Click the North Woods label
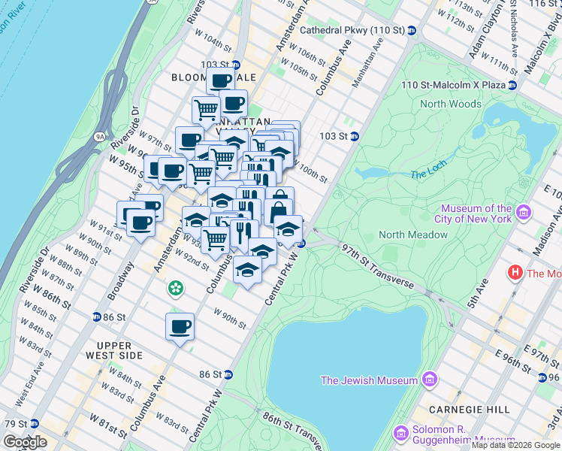tap(451, 104)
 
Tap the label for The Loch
tap(428, 174)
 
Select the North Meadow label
tap(413, 235)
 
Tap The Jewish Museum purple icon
tap(429, 380)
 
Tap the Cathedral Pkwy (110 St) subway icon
tap(412, 31)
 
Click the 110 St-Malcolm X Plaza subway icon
tap(512, 85)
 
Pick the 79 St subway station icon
tap(34, 425)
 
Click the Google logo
tap(25, 442)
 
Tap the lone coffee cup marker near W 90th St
tap(180, 327)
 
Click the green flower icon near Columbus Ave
tap(175, 288)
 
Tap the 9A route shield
tap(100, 137)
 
